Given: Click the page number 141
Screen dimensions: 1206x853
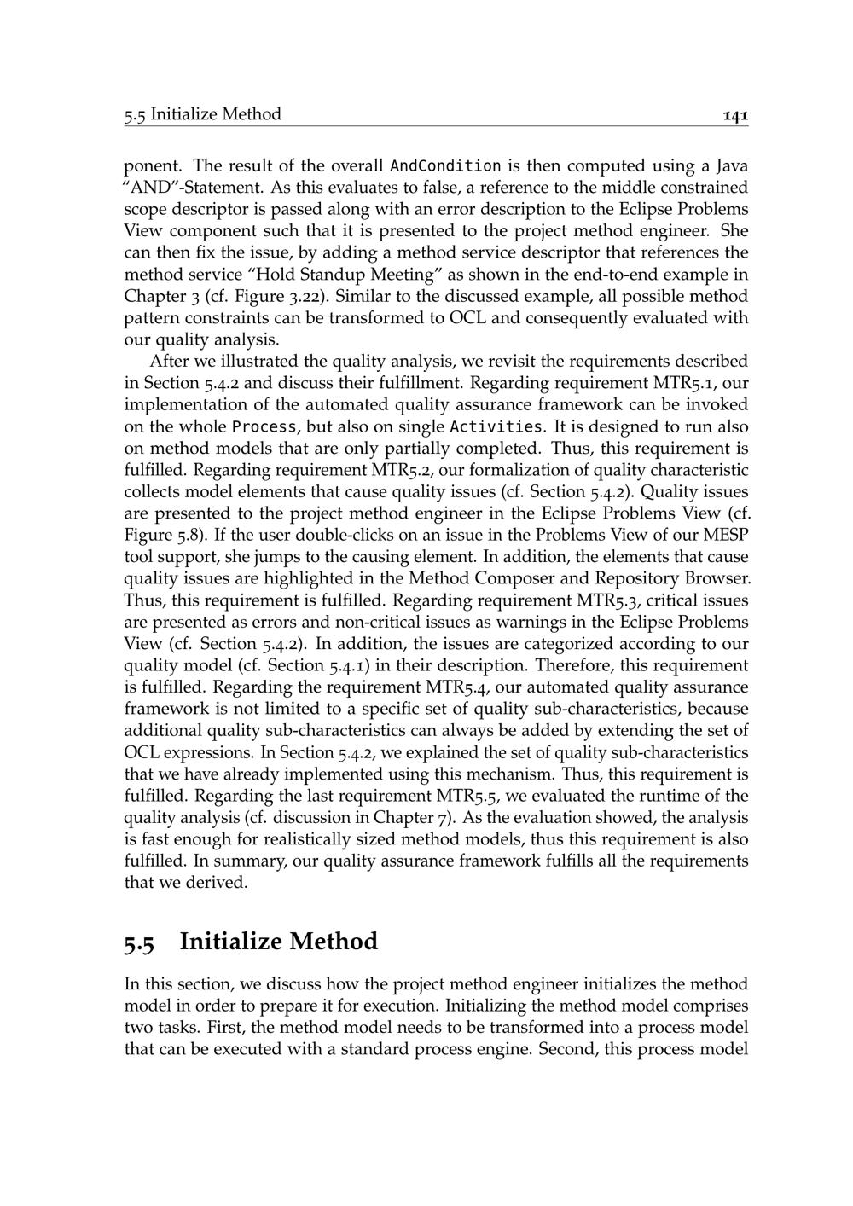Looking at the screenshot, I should click(x=735, y=114).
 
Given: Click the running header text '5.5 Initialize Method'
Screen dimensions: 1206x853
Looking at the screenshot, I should click(x=202, y=114).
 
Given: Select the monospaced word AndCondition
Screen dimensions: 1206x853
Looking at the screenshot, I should click(x=445, y=165).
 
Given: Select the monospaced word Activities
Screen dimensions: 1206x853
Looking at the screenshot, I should click(x=496, y=426).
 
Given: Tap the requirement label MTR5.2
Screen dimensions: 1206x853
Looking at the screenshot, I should click(x=402, y=470).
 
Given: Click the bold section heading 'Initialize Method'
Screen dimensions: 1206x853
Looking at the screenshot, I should click(x=278, y=942).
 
